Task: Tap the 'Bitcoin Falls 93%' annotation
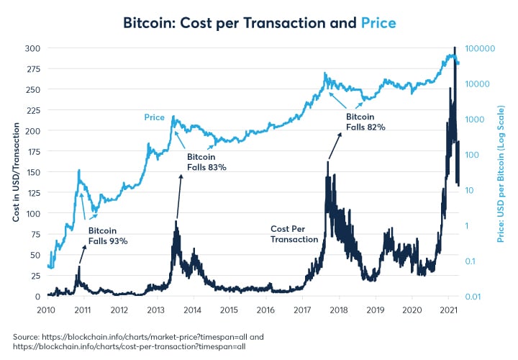point(108,236)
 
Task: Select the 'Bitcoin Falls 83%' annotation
point(207,161)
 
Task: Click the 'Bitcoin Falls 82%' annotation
point(365,121)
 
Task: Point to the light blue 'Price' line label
point(154,117)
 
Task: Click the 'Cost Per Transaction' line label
point(294,233)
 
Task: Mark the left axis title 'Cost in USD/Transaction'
point(16,172)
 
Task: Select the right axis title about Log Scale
point(501,172)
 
